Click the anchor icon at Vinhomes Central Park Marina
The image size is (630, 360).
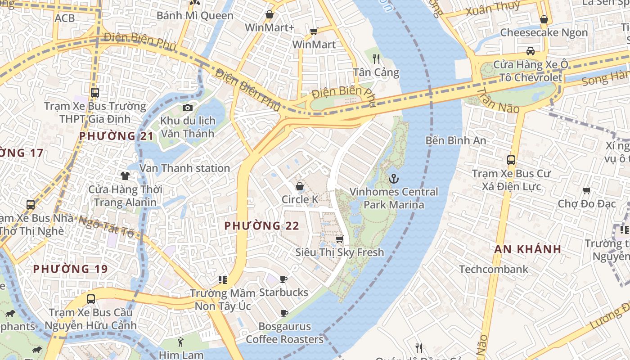(394, 179)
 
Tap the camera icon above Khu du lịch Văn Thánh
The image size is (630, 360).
(188, 108)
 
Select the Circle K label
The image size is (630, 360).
(300, 199)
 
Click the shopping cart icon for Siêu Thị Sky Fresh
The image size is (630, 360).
(340, 239)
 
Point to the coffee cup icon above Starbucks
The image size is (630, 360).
(283, 279)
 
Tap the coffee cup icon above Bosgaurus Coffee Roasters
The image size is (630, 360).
(284, 313)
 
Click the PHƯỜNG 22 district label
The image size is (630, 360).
(261, 226)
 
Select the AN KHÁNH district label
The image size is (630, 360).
(528, 249)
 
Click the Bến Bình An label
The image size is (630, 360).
(456, 140)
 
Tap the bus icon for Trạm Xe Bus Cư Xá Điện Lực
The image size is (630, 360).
(511, 160)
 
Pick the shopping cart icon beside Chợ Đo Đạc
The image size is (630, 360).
(587, 191)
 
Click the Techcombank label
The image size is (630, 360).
(494, 269)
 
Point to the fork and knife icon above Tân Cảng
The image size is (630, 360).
(376, 59)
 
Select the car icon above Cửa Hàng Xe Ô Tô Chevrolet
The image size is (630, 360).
(531, 51)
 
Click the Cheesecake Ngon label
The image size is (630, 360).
(544, 32)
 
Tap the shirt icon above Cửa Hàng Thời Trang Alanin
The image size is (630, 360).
(125, 176)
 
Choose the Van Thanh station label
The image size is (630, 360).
(185, 168)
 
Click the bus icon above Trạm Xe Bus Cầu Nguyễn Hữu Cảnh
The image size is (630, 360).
(91, 299)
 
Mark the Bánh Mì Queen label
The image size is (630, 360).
(195, 16)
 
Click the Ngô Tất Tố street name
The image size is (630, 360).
(107, 226)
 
